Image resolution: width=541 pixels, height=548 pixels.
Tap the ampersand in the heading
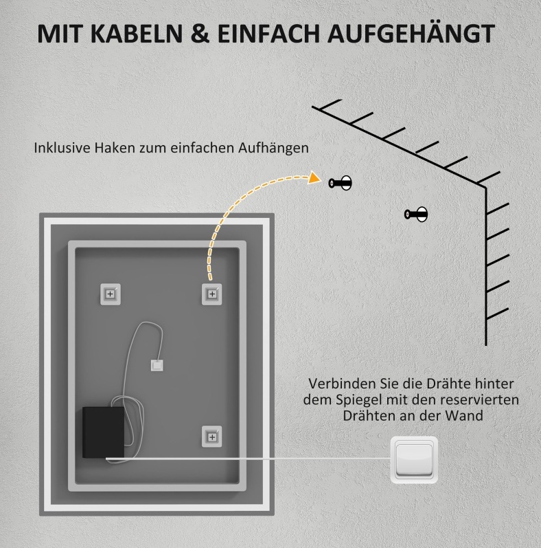coord(200,34)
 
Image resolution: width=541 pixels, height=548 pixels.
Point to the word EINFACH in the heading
coord(268,34)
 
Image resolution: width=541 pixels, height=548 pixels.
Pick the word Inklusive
coord(62,148)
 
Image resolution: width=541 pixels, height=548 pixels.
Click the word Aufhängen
coord(274,149)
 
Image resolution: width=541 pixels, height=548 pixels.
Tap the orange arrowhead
coord(314,177)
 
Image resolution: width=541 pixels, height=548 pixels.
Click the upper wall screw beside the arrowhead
coord(340,183)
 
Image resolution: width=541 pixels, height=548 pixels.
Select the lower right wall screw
coord(415,215)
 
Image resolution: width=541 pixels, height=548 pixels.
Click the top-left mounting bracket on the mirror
coord(111,294)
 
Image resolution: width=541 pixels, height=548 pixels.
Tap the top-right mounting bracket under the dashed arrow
coord(212,294)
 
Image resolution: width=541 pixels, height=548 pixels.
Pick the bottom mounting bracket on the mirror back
coord(212,437)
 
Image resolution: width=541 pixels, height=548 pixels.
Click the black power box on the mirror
coord(103,432)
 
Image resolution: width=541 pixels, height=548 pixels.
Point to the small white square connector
coord(157,366)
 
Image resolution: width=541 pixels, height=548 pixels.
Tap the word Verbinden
coord(336,384)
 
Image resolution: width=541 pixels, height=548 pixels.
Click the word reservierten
coord(479,399)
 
